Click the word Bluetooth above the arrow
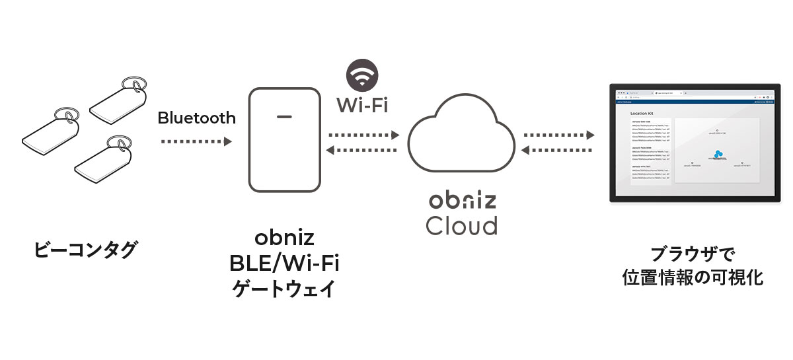196,118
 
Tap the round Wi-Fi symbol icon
362,75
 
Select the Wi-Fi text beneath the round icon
362,104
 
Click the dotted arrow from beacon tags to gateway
196,141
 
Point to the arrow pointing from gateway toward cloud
364,135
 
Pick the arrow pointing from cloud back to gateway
364,150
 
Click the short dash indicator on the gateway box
284,118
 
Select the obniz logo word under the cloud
461,200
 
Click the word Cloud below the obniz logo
461,225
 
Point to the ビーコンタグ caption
86,251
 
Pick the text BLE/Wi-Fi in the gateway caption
284,264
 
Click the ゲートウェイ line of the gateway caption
284,289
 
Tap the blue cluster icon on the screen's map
718,153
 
